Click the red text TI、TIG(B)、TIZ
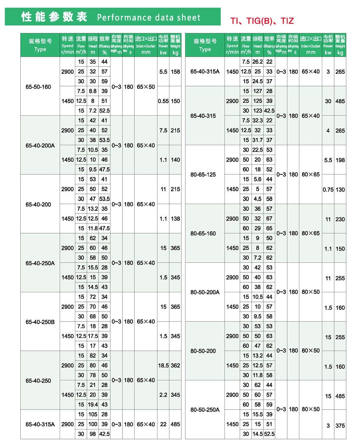pos(262,21)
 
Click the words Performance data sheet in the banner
pos(149,18)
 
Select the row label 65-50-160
pos(38,87)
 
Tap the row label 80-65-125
pos(203,175)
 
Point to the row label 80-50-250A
pos(205,410)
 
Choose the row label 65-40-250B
pos(40,322)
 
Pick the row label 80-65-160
pos(203,233)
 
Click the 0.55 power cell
pos(163,101)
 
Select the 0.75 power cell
pos(328,190)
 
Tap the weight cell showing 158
pos(175,72)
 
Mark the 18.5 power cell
pos(163,365)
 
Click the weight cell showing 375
pos(340,425)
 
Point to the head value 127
pos(258,91)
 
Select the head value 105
pos(93,414)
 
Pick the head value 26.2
pos(258,62)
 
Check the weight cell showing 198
pos(340,160)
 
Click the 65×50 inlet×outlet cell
pos(146,87)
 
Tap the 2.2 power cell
pos(163,395)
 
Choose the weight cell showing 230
pos(340,219)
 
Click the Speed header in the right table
pos(232,45)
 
